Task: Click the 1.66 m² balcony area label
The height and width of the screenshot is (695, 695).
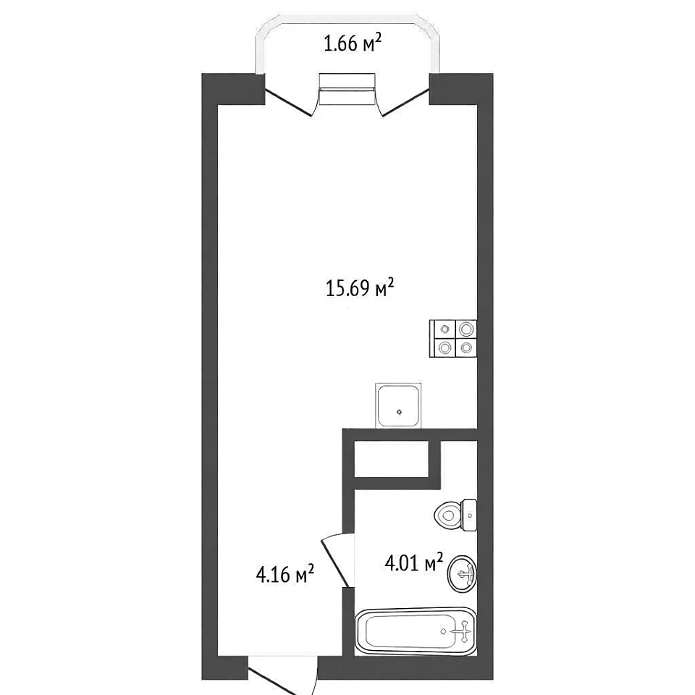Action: (x=353, y=43)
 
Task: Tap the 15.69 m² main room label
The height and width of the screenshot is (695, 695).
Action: (x=360, y=288)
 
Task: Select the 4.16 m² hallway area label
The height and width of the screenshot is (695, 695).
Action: (x=285, y=574)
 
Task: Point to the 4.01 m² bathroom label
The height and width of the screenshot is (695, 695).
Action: (x=414, y=563)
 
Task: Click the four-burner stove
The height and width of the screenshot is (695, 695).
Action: (x=453, y=339)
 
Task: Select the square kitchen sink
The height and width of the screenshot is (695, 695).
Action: (x=398, y=406)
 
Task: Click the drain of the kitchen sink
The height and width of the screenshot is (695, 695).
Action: (x=400, y=412)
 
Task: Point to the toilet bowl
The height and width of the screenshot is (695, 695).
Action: (x=447, y=515)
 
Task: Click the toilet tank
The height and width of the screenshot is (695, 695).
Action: (x=469, y=515)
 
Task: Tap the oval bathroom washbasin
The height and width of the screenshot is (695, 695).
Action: (x=463, y=574)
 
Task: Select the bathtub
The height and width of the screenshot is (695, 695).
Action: (x=416, y=631)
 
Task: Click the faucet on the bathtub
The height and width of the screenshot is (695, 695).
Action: (x=463, y=631)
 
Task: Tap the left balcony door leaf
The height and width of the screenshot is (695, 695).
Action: (x=288, y=103)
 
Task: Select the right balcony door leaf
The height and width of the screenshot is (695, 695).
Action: (x=405, y=103)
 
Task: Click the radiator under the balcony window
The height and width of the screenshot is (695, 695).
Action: (x=347, y=89)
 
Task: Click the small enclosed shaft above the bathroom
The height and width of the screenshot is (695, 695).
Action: (x=392, y=459)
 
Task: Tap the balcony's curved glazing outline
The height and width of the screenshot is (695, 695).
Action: (x=347, y=17)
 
